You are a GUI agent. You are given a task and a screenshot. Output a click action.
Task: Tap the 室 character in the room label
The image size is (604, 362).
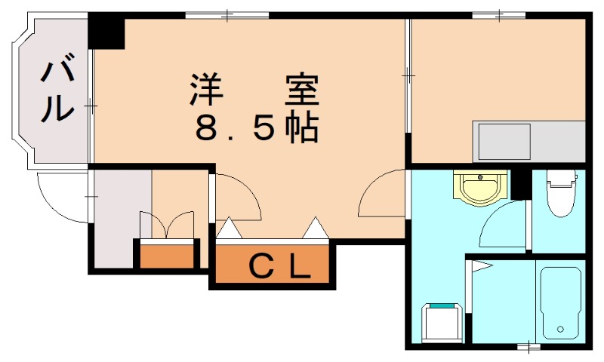point(302,90)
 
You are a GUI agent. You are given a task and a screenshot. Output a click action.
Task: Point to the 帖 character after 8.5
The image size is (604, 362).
point(302,127)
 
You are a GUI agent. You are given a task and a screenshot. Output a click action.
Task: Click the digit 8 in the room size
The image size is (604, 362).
point(208,128)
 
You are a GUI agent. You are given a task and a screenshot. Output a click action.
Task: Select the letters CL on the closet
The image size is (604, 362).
point(280,266)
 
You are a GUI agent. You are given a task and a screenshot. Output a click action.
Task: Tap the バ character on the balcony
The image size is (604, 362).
point(58,69)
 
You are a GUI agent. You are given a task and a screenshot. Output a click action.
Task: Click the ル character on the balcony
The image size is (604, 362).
point(58,108)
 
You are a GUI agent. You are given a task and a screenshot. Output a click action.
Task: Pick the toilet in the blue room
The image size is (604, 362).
point(561,194)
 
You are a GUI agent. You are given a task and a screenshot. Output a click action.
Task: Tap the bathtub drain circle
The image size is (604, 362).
point(560,330)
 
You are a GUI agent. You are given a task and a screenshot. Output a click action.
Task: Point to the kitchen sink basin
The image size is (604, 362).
point(504,142)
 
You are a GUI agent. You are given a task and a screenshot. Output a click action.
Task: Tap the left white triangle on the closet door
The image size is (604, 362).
point(230,228)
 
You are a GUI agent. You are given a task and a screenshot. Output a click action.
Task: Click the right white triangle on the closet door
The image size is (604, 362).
point(316,228)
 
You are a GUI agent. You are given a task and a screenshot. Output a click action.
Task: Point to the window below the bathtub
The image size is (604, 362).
point(528,347)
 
